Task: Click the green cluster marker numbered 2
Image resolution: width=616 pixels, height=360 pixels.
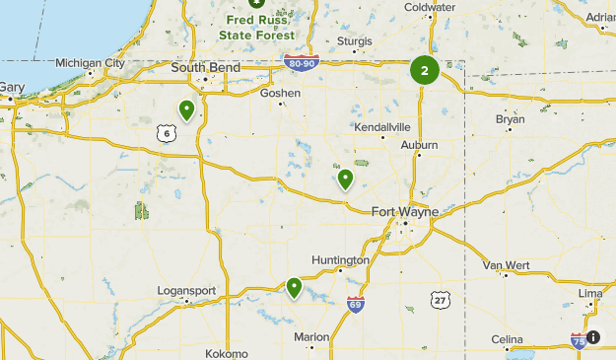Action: coord(425,70)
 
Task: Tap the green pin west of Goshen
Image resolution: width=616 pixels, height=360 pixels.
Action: coord(186,109)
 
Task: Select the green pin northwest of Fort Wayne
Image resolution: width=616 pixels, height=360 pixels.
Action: coord(345,179)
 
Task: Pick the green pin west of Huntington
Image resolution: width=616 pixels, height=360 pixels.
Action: coord(294,287)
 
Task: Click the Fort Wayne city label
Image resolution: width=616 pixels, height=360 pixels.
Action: coord(405,211)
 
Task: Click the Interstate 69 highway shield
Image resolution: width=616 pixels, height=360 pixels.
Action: coord(356,303)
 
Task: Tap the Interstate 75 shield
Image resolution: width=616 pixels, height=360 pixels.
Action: coord(579,340)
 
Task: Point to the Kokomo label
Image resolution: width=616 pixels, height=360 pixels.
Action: coord(227,353)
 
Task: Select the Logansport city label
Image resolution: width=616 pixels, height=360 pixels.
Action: coord(185,291)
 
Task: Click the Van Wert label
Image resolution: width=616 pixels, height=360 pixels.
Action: coord(506,265)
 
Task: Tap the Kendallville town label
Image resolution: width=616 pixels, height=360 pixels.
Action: coord(381,127)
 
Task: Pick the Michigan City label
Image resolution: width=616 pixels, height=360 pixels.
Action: coord(90,62)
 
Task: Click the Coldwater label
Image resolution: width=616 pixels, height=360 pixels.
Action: coord(429,7)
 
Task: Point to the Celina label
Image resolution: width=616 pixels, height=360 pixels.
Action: coord(507,339)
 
